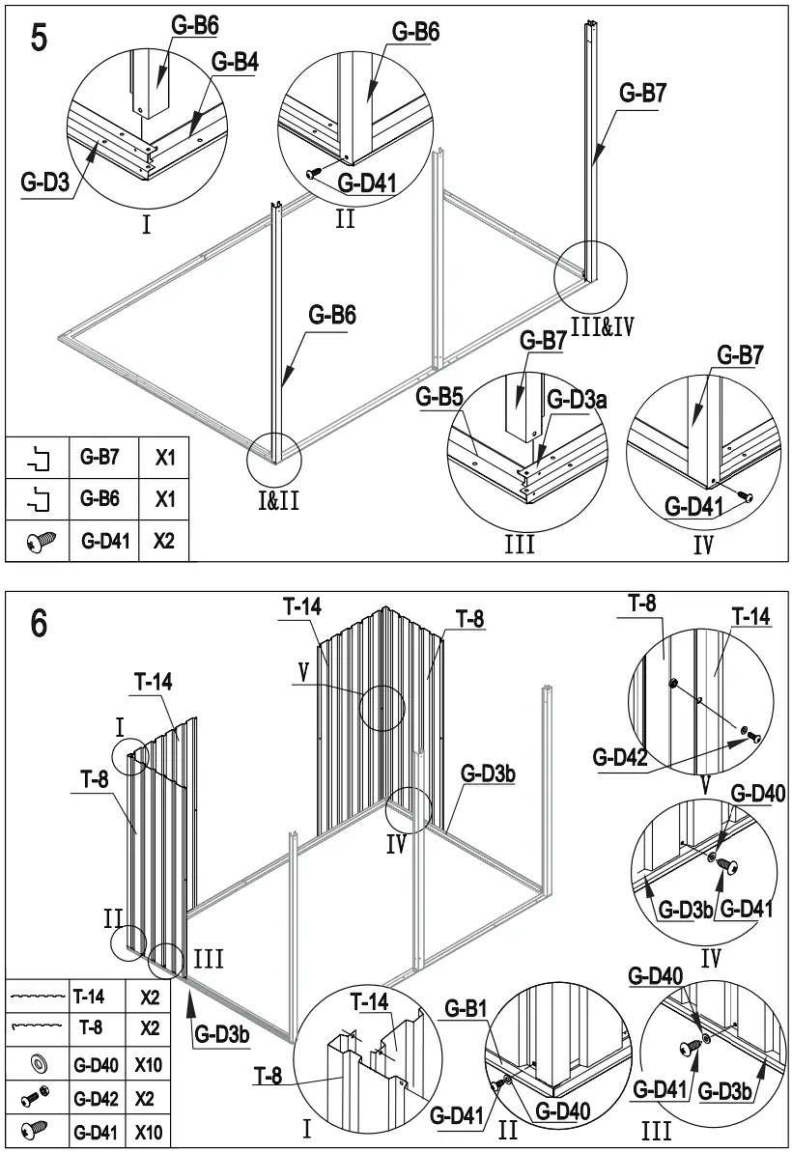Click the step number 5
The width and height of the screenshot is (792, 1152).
[41, 43]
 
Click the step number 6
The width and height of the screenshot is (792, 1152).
[39, 623]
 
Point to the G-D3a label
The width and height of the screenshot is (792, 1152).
[577, 400]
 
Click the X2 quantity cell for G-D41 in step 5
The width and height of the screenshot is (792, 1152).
[163, 542]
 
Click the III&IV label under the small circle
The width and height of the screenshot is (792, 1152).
[602, 326]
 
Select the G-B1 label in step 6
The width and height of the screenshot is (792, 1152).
[467, 1009]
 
